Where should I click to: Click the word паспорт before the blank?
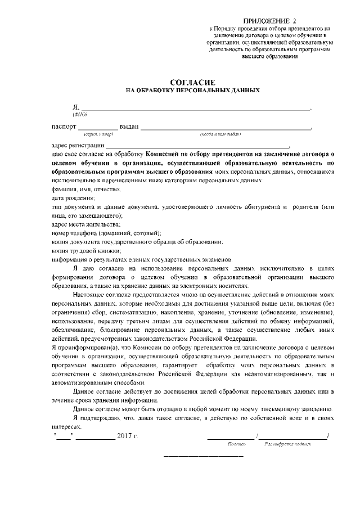click(x=63, y=127)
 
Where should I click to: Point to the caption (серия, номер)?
click(x=98, y=134)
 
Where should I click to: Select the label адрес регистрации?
click(x=78, y=145)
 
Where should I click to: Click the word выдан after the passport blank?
click(x=129, y=127)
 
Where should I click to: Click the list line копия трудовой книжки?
click(x=86, y=250)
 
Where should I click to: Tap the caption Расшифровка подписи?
click(x=287, y=444)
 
